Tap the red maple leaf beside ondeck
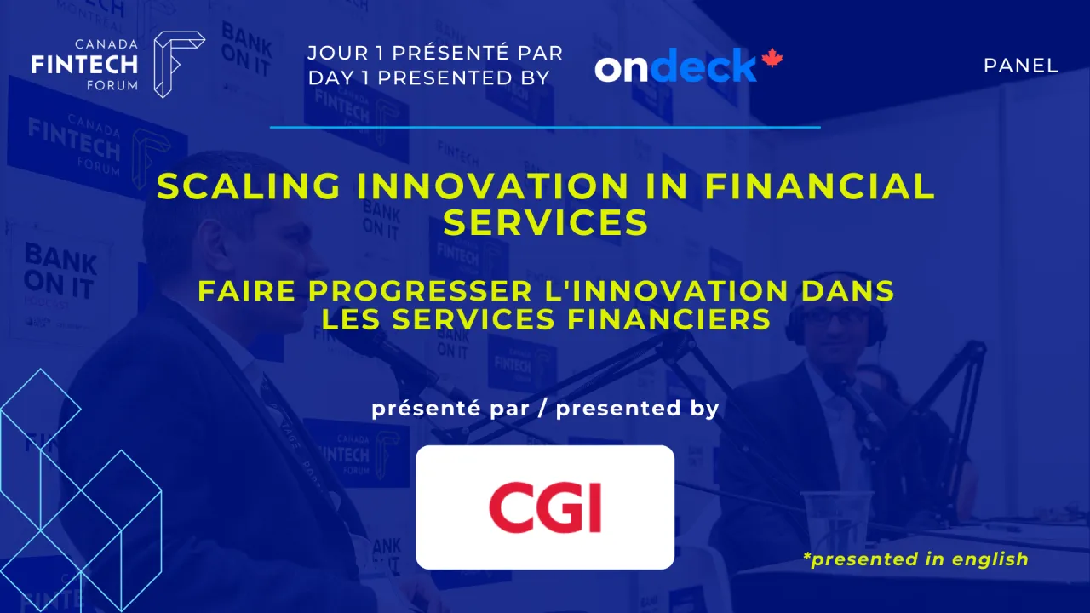click(772, 59)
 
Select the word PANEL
click(1020, 66)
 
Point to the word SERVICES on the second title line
click(545, 222)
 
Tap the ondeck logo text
click(676, 66)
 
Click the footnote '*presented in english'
click(915, 559)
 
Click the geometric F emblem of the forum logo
click(177, 64)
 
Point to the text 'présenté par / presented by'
click(545, 409)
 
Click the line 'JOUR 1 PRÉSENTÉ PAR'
click(435, 53)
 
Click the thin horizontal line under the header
click(545, 128)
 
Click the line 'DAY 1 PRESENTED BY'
click(429, 77)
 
